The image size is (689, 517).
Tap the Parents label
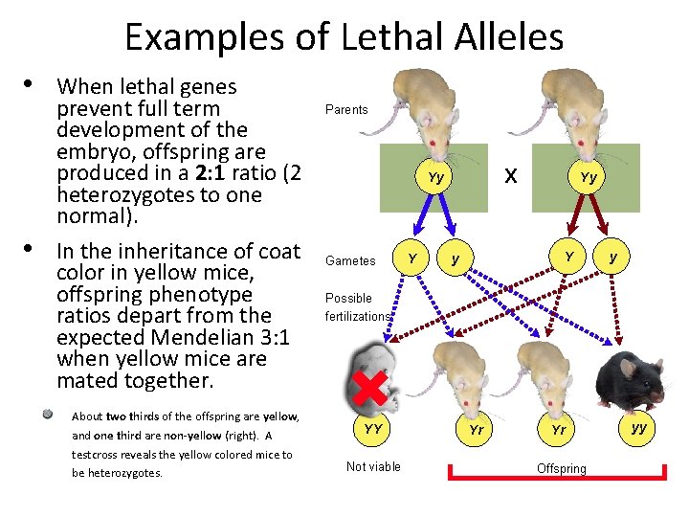point(346,110)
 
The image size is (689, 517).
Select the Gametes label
point(349,260)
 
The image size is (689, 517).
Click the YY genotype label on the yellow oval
point(372,429)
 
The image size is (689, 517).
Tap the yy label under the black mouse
point(638,426)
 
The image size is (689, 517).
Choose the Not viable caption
point(373,466)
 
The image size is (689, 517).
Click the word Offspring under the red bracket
point(562,468)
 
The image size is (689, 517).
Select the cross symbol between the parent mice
point(512,175)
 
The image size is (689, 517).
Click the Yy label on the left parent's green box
point(435,177)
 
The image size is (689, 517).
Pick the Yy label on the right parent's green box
point(589,177)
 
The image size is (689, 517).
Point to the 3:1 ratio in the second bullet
point(270,337)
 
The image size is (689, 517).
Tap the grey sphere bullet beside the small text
point(47,415)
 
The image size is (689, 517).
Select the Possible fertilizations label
point(357,307)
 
